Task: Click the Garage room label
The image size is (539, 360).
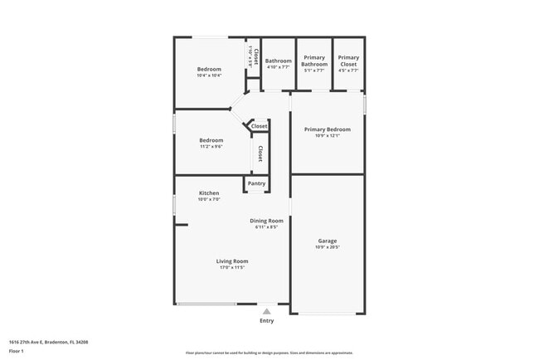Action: pos(327,241)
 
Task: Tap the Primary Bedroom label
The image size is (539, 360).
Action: pos(327,129)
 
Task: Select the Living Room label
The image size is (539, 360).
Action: pos(233,261)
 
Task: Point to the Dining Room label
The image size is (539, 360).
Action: pos(266,221)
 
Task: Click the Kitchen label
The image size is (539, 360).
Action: pos(208,193)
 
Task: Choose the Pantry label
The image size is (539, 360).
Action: pos(256,183)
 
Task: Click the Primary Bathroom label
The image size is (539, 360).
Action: pos(313,61)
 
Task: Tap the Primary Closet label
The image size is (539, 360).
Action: pos(348,61)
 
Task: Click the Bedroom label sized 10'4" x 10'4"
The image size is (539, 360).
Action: pos(208,69)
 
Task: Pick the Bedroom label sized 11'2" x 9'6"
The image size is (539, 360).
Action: pos(211,140)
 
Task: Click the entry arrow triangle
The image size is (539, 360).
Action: pos(266,311)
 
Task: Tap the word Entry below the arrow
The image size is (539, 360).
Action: pos(266,320)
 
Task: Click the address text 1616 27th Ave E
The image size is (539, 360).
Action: pos(48,342)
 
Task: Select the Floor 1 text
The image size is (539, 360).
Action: pos(16,351)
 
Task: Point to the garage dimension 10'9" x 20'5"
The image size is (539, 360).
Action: pos(327,247)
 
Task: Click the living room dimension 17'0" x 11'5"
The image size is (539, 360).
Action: pos(233,267)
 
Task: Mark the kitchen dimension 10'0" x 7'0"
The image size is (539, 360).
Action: pos(208,199)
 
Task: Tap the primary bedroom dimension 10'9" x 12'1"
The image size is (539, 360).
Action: pos(327,136)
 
